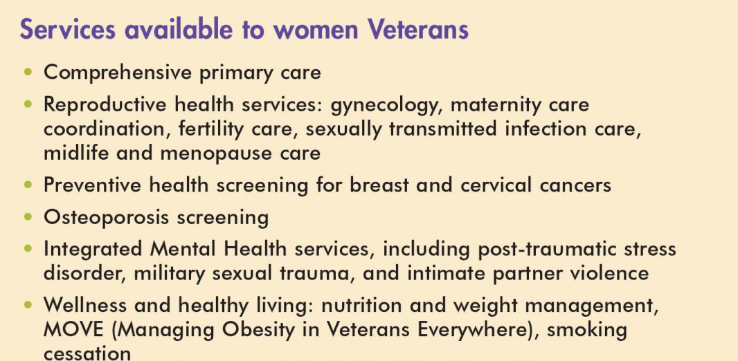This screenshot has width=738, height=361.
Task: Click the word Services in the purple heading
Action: pos(67,29)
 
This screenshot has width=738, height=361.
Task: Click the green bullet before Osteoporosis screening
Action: pos(28,216)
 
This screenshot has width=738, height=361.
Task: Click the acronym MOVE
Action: pos(73,330)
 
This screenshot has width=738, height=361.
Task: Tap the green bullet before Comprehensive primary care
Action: pos(28,72)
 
